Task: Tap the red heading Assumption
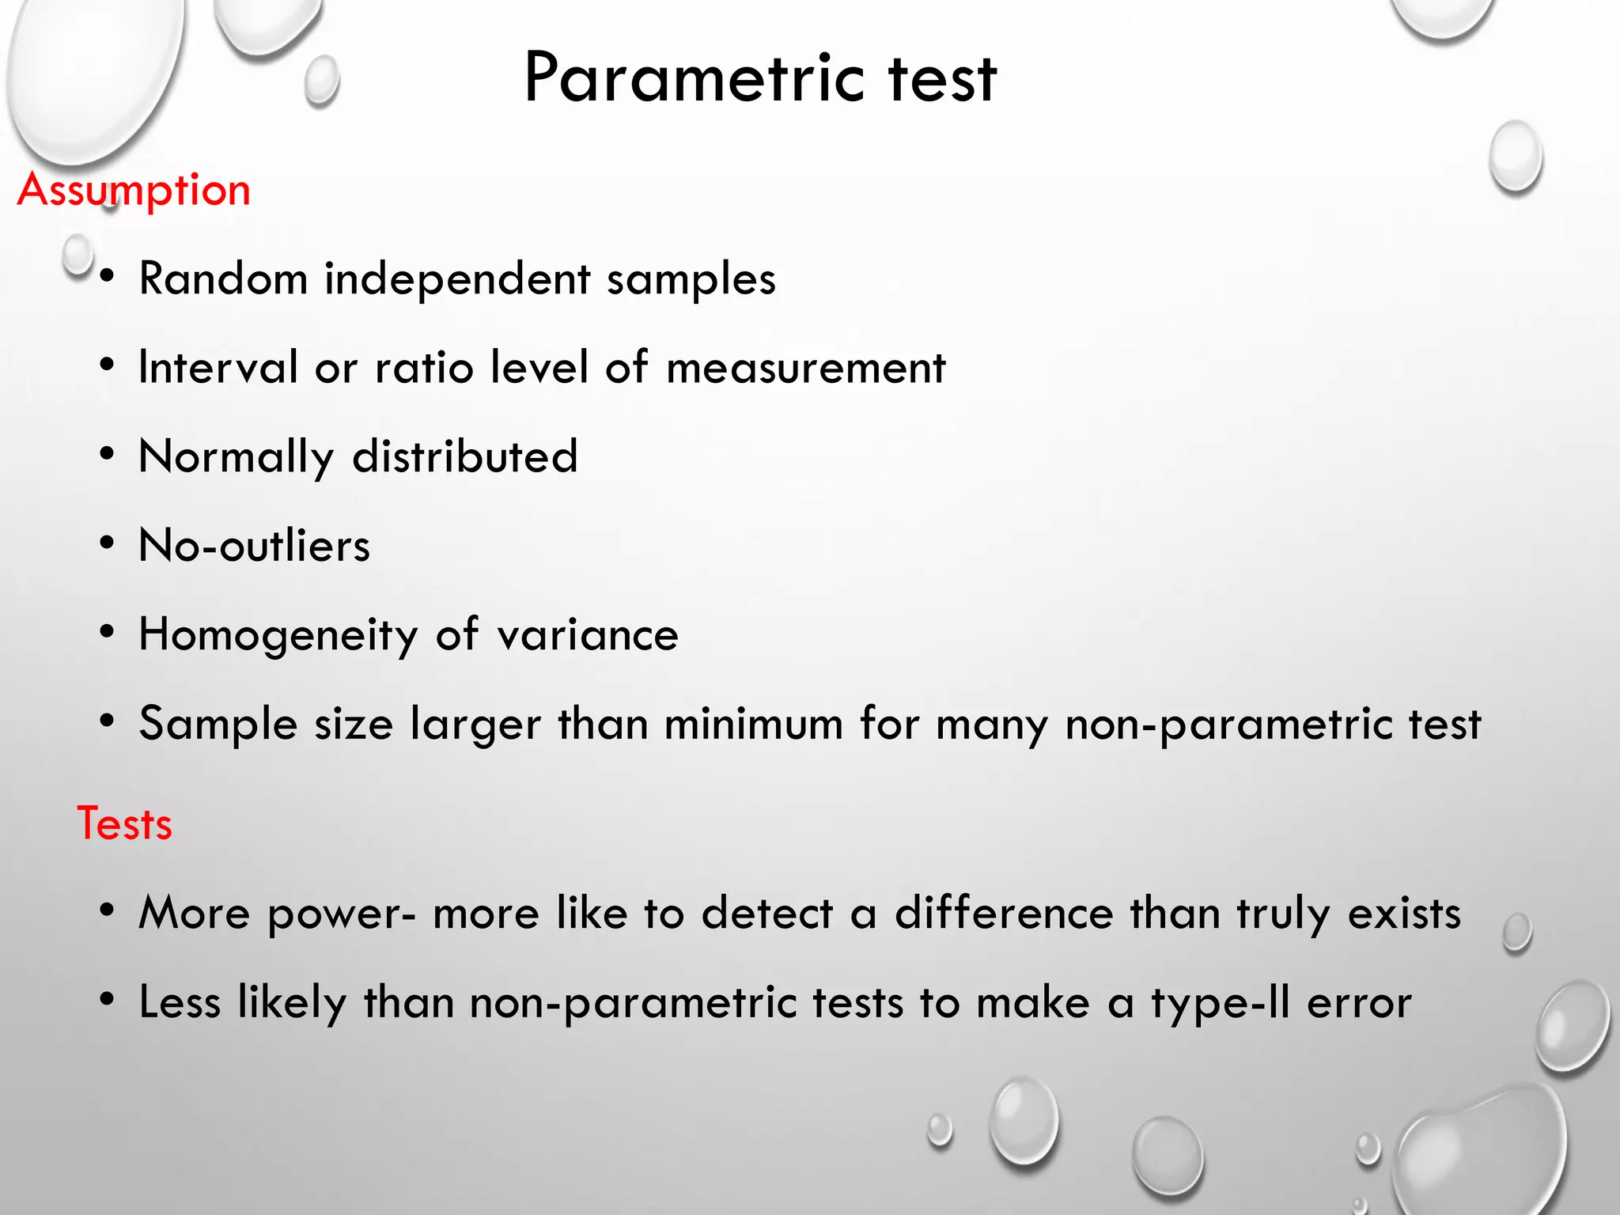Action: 134,191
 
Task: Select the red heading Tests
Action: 124,823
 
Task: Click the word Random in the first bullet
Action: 223,278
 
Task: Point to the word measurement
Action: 805,368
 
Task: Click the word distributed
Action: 465,456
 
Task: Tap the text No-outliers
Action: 254,546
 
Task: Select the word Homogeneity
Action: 278,635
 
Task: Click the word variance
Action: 588,635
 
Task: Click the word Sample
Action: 218,724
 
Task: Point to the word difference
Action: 1004,913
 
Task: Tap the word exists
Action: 1404,913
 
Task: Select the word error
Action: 1359,1003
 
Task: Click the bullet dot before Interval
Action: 108,365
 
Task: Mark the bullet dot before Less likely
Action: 108,1000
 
